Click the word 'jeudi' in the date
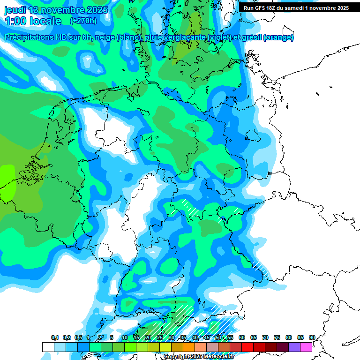pos(15,10)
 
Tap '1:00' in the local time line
pos(15,21)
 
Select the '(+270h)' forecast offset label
pos(83,21)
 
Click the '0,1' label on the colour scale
pos(54,337)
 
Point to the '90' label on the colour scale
pos(312,337)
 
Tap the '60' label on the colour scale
pos(242,337)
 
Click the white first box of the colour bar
pos(48,347)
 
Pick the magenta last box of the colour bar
pos(306,347)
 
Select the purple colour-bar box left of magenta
pos(294,347)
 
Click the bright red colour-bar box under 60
pos(247,347)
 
